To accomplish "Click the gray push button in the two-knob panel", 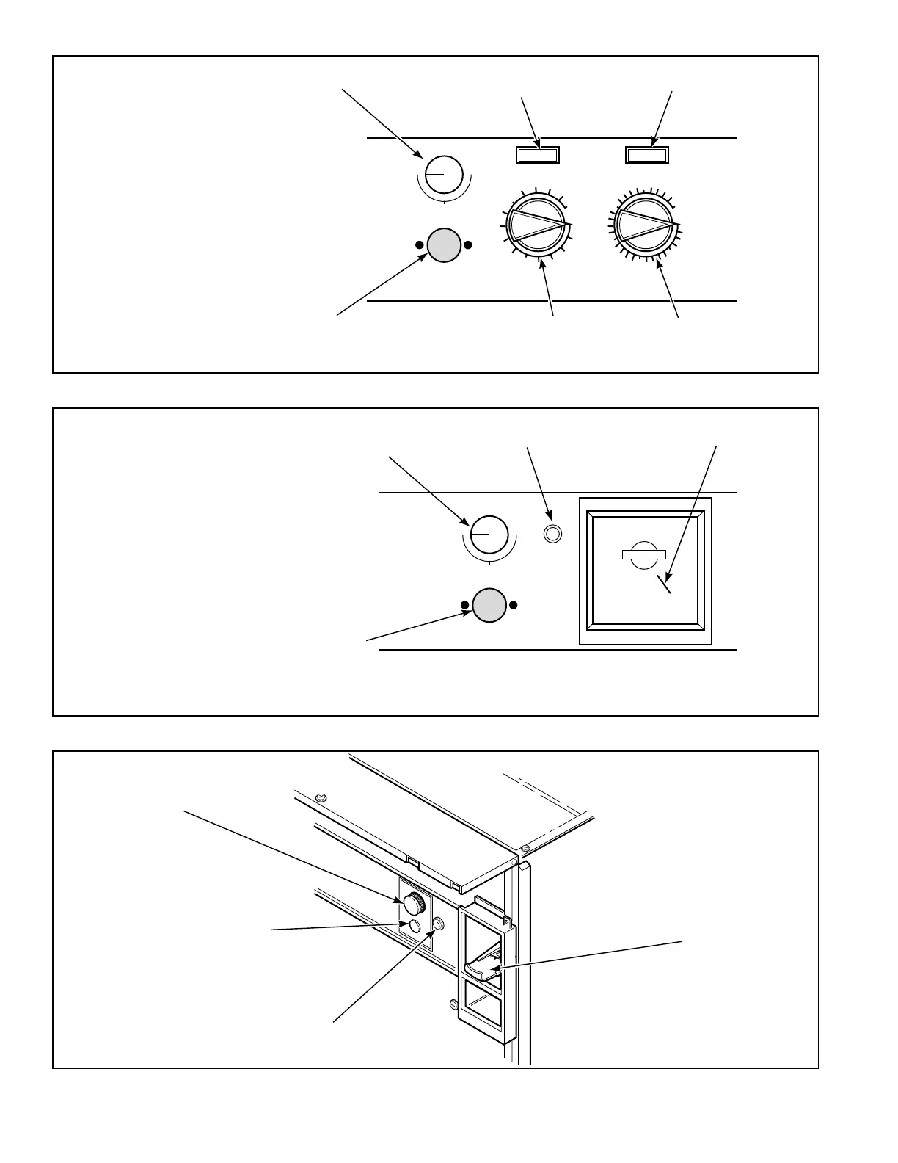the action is (443, 245).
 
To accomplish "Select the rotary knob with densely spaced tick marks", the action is (645, 223).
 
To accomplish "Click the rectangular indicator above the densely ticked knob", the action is (647, 154).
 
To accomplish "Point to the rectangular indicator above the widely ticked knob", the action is (538, 154).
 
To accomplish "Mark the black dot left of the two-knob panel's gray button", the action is (419, 245).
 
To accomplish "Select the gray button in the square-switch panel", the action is (489, 605).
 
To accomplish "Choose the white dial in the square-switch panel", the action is (489, 535).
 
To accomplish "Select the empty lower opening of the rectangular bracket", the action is (481, 1012).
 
